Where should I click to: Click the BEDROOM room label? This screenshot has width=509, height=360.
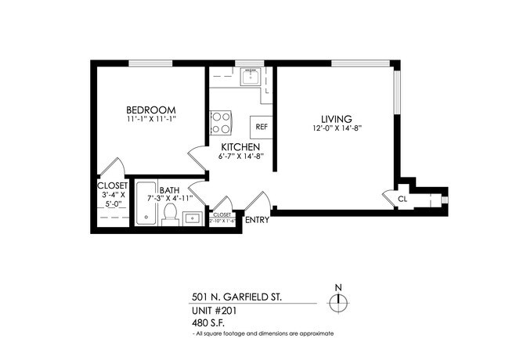(x=151, y=110)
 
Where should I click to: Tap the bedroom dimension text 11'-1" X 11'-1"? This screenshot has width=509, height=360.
(x=151, y=120)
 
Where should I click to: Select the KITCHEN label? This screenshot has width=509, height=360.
(x=240, y=147)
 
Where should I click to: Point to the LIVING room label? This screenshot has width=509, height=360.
(x=336, y=118)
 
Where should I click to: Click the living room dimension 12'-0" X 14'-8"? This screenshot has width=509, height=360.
(x=336, y=128)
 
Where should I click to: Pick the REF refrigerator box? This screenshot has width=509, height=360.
(x=262, y=126)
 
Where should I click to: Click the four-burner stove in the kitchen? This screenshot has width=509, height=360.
(x=220, y=123)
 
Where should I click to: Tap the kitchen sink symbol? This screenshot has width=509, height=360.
(x=251, y=77)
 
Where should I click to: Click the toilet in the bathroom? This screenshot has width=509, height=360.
(x=170, y=216)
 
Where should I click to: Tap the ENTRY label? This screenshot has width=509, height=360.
(x=257, y=220)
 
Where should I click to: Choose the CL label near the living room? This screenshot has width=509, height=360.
(x=403, y=200)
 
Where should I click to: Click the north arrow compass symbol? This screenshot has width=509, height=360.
(x=338, y=303)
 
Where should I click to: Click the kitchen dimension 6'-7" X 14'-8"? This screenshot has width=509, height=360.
(x=241, y=157)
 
